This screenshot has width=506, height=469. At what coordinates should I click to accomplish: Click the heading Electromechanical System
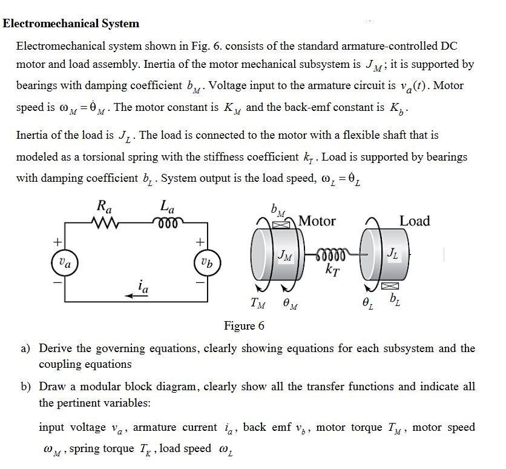tap(71, 24)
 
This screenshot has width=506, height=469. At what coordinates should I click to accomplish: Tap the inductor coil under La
tap(166, 222)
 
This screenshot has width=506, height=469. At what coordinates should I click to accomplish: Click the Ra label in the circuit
tap(105, 206)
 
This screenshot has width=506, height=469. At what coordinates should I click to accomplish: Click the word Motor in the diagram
tap(317, 221)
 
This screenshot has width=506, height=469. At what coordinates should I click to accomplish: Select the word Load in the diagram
tap(415, 221)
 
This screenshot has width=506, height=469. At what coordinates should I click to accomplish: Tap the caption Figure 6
tap(244, 326)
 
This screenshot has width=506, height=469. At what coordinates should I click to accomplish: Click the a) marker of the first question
tap(26, 348)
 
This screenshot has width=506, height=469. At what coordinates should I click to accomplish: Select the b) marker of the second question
tap(26, 387)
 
